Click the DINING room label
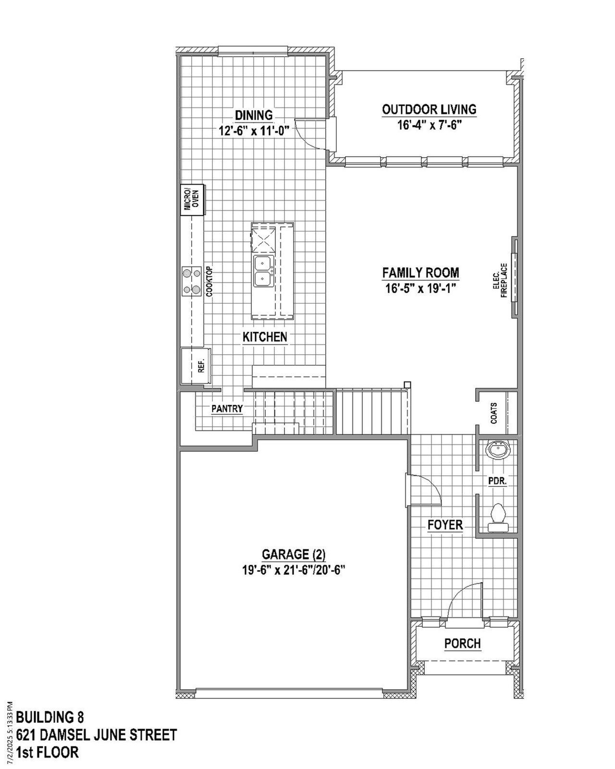253,115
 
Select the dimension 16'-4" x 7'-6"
429,125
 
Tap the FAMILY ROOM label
420,273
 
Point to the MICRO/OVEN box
193,200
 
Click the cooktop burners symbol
191,281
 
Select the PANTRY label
227,409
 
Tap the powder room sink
498,451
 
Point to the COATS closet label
494,413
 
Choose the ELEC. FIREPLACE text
500,281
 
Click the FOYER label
445,525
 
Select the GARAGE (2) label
293,555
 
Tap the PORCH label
462,643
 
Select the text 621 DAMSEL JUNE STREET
96,735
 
